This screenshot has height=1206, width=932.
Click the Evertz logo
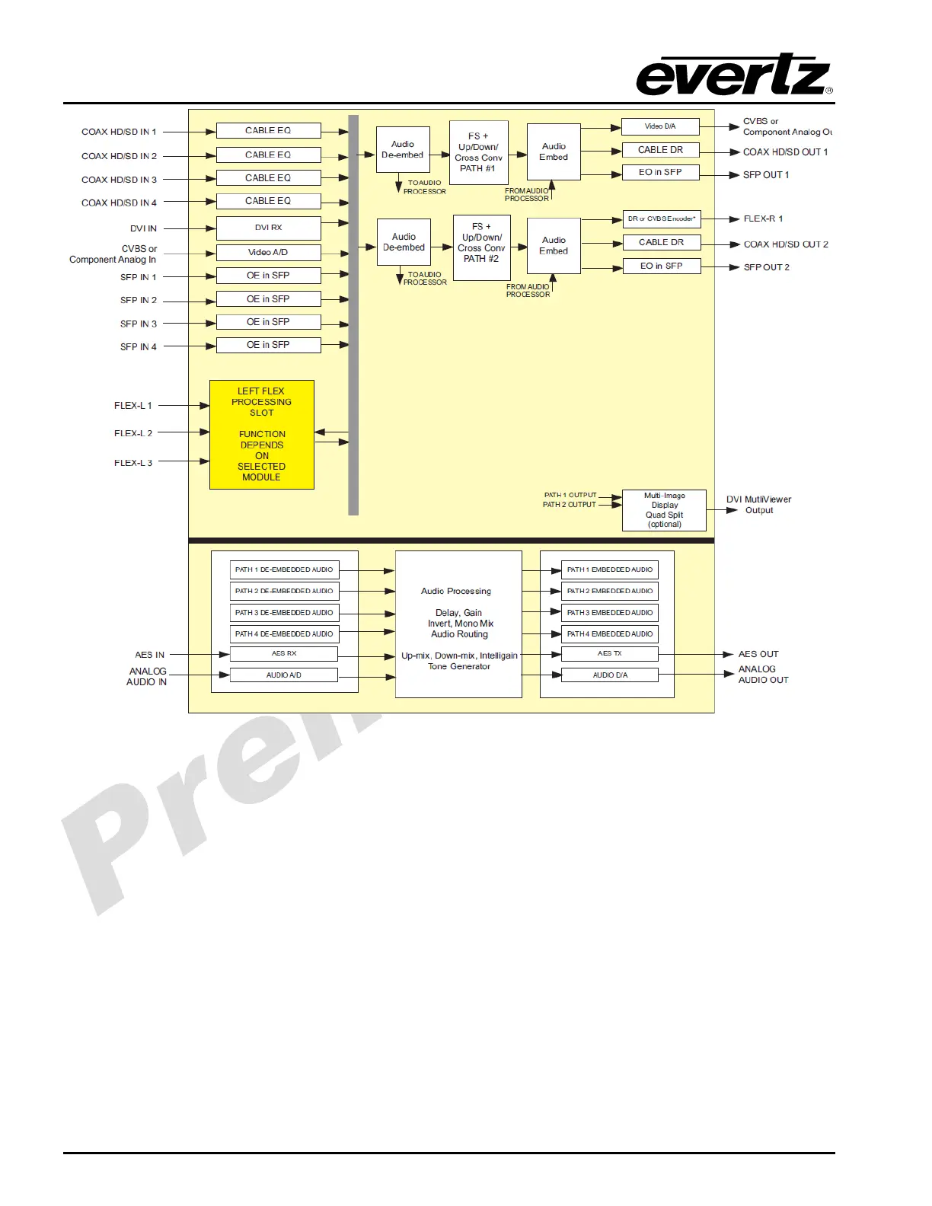(x=734, y=75)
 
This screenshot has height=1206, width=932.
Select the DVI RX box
(x=268, y=228)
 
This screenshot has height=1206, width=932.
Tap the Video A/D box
(x=268, y=252)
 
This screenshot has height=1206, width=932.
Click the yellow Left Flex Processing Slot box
(x=262, y=434)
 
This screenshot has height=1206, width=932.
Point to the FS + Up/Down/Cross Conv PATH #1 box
(x=479, y=152)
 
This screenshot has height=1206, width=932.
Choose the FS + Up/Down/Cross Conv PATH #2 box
(x=481, y=247)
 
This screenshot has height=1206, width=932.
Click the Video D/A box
(x=660, y=126)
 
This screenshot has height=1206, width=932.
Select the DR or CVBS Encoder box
(x=661, y=219)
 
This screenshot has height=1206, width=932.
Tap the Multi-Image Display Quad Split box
(x=664, y=510)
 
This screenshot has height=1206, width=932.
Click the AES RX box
(x=283, y=654)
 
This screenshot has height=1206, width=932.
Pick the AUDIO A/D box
(x=283, y=675)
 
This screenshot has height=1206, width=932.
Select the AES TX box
(x=609, y=654)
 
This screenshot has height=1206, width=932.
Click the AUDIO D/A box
(x=609, y=675)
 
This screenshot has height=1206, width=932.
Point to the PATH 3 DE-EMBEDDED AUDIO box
(x=283, y=613)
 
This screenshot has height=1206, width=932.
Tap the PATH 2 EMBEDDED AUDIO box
(x=609, y=592)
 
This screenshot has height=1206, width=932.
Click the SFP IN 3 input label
(x=139, y=324)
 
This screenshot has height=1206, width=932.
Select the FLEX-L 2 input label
(x=133, y=433)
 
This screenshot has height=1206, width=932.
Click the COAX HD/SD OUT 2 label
(x=786, y=244)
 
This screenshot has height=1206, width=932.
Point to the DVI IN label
(x=143, y=228)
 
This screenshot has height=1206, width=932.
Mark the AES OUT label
(x=758, y=654)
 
